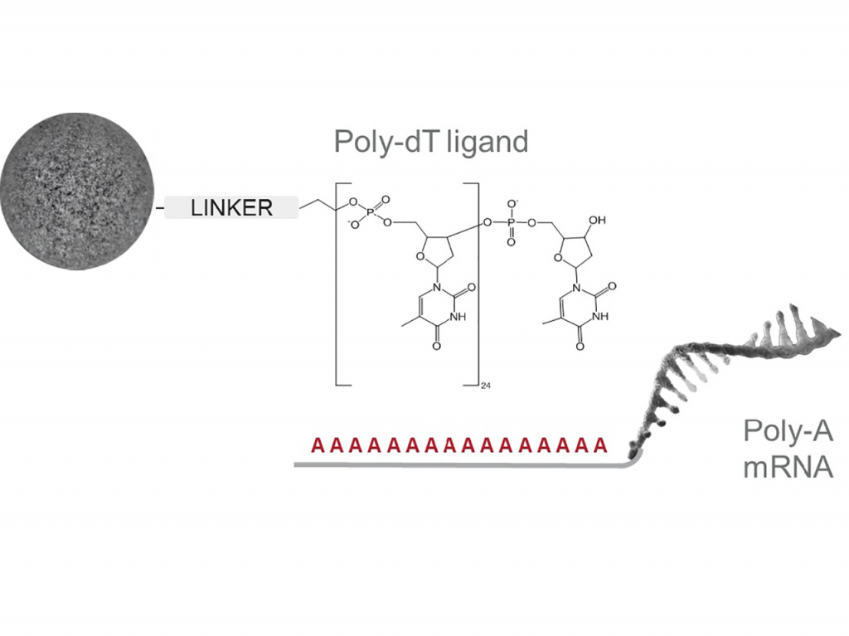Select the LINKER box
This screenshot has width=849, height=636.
coord(231,207)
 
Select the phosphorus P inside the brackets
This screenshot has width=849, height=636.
coord(371,212)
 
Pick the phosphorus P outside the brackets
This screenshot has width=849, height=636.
coord(512,222)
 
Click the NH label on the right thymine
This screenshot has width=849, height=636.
coord(603,316)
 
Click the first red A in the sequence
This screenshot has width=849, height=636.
coord(317,445)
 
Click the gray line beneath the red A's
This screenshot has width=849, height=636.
coord(456,465)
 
